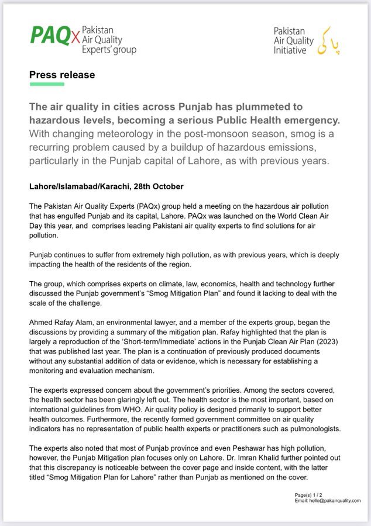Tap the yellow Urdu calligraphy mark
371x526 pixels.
pyautogui.click(x=327, y=40)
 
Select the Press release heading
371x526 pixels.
pyautogui.click(x=62, y=75)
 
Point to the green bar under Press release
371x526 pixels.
pyautogui.click(x=47, y=84)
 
